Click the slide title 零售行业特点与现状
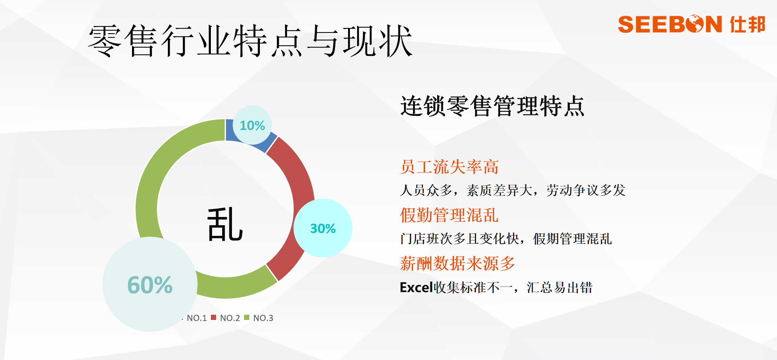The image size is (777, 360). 250,41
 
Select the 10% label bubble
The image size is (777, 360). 252,125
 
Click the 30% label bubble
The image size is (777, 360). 323,228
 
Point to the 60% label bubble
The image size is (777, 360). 150,284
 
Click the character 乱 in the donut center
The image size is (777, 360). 225,225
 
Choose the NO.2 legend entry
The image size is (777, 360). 226,318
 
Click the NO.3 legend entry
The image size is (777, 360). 259,318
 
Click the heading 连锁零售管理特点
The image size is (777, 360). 492,106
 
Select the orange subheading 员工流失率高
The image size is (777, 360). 450,167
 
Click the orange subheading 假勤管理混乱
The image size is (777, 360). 450,215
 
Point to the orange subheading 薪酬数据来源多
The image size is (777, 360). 458,263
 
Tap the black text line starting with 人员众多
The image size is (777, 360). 513,190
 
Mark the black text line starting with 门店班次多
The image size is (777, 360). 506,238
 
